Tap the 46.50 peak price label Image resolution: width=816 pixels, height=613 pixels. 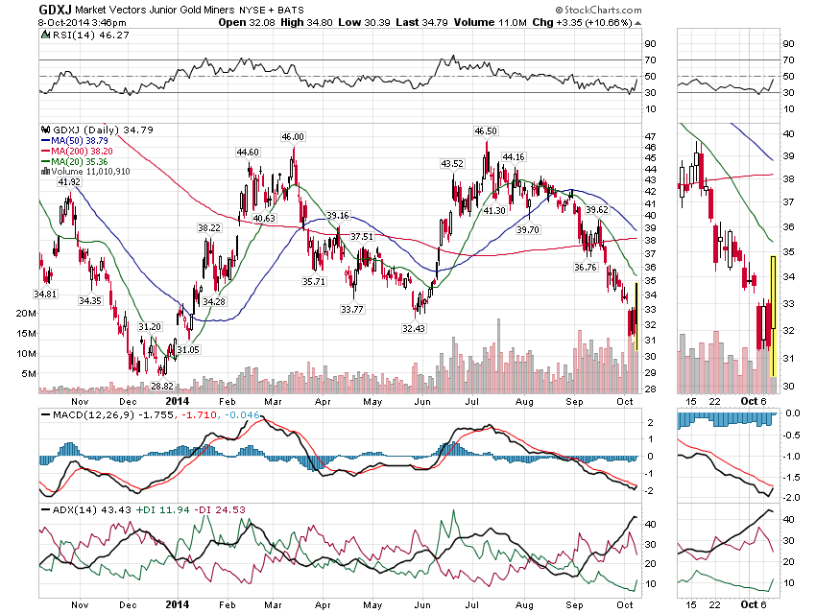(486, 130)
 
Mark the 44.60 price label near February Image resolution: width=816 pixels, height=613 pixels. (248, 152)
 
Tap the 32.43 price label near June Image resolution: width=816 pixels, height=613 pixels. (414, 328)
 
